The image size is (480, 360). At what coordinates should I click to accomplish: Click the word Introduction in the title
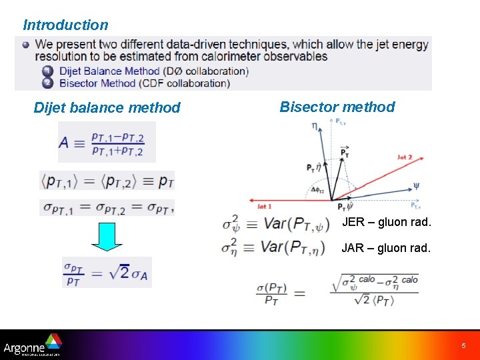[x=65, y=25]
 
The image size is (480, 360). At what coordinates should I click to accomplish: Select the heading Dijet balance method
[x=107, y=107]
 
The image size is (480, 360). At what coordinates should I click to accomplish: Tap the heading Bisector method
[x=337, y=107]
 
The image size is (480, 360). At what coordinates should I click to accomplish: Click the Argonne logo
[x=32, y=345]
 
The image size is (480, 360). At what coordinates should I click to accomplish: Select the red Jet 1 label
[x=265, y=207]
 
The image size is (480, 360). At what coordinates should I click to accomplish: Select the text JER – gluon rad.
[x=387, y=222]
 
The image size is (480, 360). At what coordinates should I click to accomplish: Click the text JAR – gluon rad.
[x=387, y=248]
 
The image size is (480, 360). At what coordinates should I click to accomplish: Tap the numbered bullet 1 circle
[x=47, y=71]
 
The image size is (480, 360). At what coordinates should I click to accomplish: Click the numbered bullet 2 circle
[x=47, y=83]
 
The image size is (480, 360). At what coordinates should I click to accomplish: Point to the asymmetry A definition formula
[x=106, y=142]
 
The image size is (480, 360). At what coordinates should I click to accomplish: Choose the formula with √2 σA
[x=107, y=273]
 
